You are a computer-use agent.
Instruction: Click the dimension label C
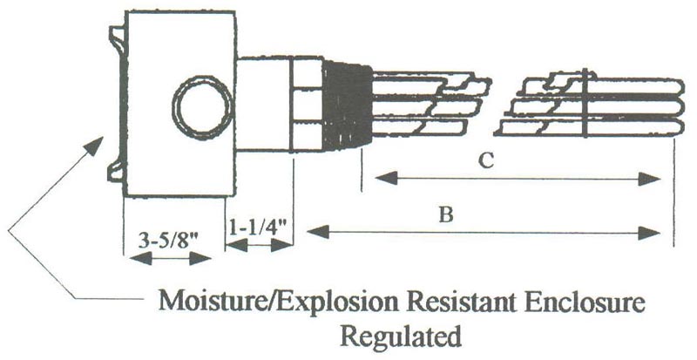click(487, 161)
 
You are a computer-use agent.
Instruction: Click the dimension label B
click(446, 215)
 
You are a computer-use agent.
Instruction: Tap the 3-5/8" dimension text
click(168, 241)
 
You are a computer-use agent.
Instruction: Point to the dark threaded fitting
click(347, 105)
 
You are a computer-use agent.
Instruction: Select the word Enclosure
click(585, 302)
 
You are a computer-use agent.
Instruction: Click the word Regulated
click(401, 336)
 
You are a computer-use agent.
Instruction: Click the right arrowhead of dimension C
click(649, 179)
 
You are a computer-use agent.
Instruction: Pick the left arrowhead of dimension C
click(386, 179)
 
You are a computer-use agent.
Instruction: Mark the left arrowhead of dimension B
click(317, 232)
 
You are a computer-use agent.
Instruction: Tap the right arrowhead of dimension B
click(649, 233)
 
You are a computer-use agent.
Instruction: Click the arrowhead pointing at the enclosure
click(95, 146)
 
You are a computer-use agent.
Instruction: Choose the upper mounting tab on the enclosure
click(117, 38)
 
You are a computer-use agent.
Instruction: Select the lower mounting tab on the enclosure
click(116, 172)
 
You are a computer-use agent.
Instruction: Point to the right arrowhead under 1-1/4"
click(281, 245)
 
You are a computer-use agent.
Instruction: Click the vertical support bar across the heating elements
click(585, 103)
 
